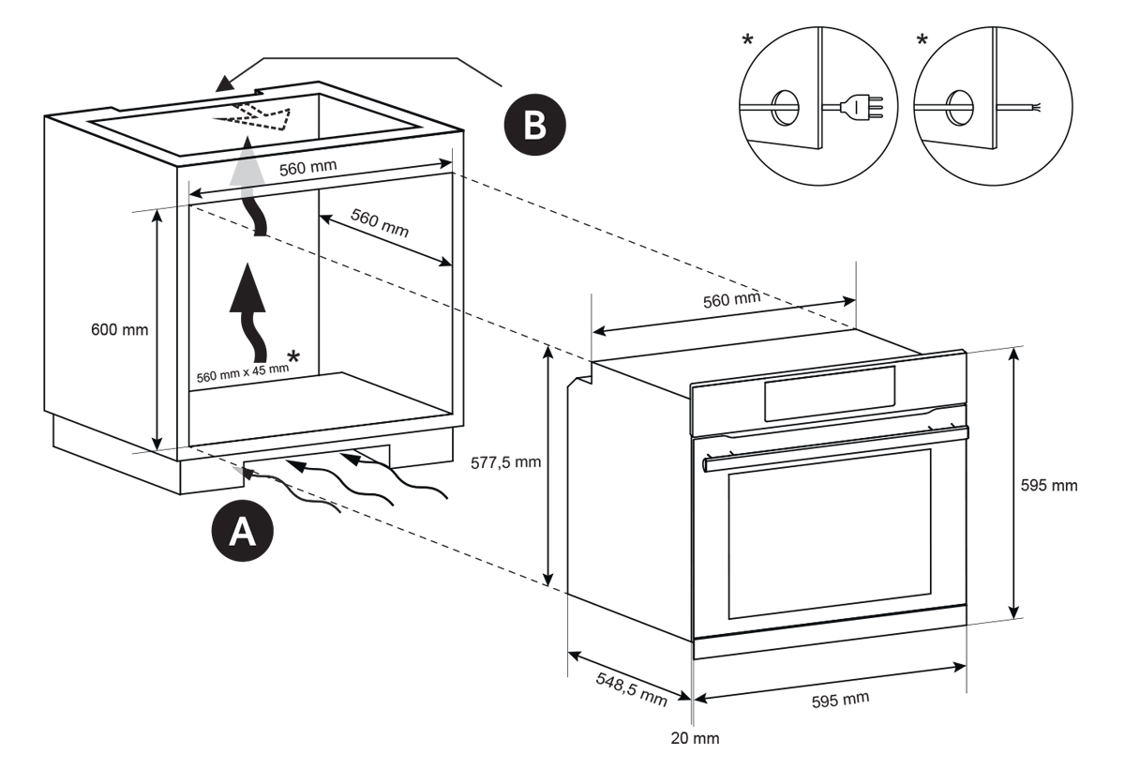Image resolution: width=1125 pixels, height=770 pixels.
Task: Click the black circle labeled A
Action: [243, 531]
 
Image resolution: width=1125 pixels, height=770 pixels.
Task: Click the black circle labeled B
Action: [535, 125]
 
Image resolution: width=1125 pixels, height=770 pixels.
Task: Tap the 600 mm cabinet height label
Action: [120, 330]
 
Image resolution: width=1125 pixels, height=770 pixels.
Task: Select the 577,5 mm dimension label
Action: [505, 462]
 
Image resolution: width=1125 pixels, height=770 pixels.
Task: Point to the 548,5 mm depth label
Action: [632, 689]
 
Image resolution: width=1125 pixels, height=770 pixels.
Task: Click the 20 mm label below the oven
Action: [695, 738]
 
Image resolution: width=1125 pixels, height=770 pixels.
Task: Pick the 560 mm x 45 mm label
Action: [243, 372]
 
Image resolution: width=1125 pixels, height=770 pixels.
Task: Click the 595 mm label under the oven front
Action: [840, 700]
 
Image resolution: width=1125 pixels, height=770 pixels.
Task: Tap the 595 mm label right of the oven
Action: [1049, 485]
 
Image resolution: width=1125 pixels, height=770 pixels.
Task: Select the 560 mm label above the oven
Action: [732, 300]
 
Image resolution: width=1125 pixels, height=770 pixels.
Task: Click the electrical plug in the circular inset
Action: [862, 107]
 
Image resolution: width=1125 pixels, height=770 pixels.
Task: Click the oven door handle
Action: [835, 449]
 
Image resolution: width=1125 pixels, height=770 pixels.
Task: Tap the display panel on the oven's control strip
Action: [830, 393]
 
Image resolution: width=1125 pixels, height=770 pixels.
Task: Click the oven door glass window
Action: [829, 534]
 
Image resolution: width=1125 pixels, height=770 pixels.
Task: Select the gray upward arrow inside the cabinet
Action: [247, 186]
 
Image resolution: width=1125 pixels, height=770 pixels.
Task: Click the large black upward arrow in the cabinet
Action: [247, 312]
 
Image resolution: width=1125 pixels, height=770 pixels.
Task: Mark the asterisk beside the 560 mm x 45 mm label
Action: [293, 356]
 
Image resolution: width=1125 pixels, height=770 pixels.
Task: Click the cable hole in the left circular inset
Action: [785, 107]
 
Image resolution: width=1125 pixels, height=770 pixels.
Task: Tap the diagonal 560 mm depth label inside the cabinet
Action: [380, 222]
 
